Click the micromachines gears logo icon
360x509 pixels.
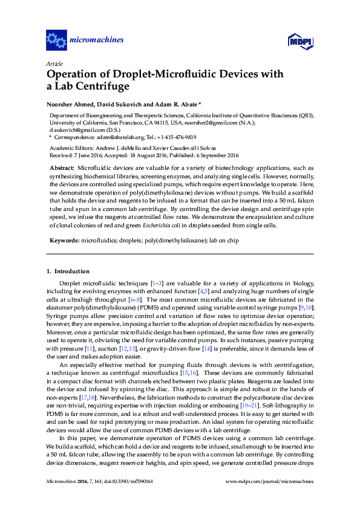tap(56, 41)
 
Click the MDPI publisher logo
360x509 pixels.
tap(298, 41)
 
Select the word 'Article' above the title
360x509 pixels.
tap(54, 63)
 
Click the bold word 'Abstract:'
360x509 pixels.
tap(62, 167)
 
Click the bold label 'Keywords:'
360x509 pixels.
tap(64, 241)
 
